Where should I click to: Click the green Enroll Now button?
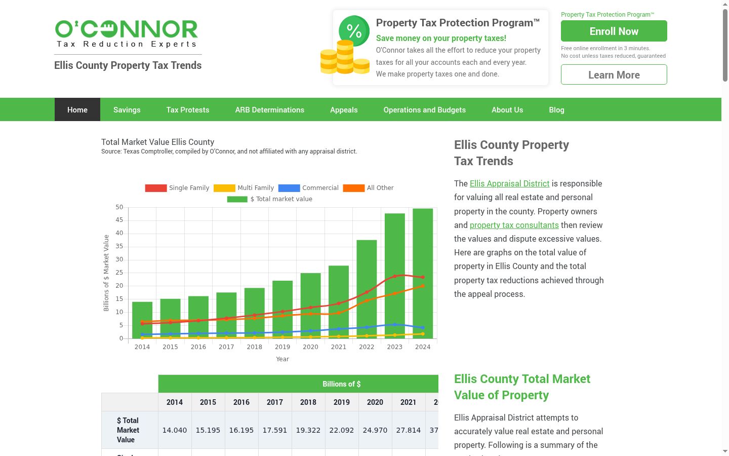(x=614, y=31)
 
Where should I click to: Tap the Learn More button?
(x=614, y=74)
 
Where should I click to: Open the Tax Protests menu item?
(x=188, y=110)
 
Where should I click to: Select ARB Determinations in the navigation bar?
(x=269, y=110)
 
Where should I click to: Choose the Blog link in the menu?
(x=556, y=110)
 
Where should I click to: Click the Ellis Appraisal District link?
(x=509, y=184)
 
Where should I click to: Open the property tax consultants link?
(x=514, y=225)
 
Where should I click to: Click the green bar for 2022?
(x=367, y=289)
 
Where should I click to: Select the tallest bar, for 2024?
(x=423, y=274)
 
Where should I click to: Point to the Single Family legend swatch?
(x=155, y=188)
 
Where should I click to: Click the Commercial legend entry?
(x=308, y=188)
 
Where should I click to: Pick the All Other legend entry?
(x=369, y=188)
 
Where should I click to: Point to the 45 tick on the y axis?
(x=119, y=220)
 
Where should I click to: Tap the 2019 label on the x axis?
(x=282, y=347)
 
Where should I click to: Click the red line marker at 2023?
(x=395, y=276)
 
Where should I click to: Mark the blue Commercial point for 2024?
(x=423, y=327)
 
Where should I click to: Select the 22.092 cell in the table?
(x=341, y=430)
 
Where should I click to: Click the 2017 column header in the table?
(x=275, y=402)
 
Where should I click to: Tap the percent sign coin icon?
(x=354, y=31)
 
